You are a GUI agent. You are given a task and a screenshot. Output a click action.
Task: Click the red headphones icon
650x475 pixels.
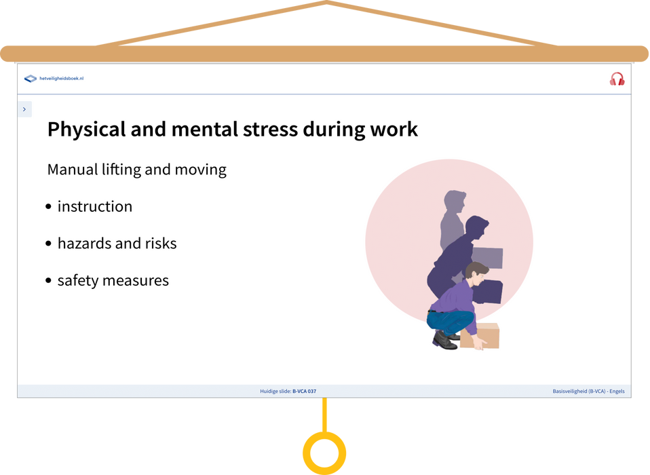click(x=617, y=79)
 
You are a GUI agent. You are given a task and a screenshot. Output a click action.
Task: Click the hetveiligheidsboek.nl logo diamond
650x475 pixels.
click(x=31, y=78)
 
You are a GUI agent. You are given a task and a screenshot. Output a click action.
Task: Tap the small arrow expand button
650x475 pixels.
click(x=25, y=109)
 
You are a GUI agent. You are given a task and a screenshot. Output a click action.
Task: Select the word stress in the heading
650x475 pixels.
click(x=270, y=130)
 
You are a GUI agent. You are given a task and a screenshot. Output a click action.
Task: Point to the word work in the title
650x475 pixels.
click(x=394, y=129)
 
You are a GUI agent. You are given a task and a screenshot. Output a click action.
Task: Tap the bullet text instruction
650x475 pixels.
click(x=95, y=206)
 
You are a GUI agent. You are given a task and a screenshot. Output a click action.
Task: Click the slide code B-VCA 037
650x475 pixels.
click(x=304, y=392)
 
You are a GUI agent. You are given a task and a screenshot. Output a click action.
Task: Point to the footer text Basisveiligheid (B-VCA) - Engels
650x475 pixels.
click(x=588, y=392)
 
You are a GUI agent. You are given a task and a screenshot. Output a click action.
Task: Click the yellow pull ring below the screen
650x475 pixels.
click(x=324, y=453)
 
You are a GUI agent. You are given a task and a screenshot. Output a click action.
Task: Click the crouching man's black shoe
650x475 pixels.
click(x=444, y=341)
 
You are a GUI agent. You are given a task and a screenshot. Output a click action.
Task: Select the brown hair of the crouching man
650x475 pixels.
click(x=475, y=269)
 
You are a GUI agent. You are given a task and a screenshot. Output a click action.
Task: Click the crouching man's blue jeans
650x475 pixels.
click(x=450, y=321)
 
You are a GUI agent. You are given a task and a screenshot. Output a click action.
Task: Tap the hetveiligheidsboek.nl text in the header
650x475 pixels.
click(x=61, y=78)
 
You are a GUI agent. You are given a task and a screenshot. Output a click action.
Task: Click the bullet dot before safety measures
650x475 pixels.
click(x=48, y=281)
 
